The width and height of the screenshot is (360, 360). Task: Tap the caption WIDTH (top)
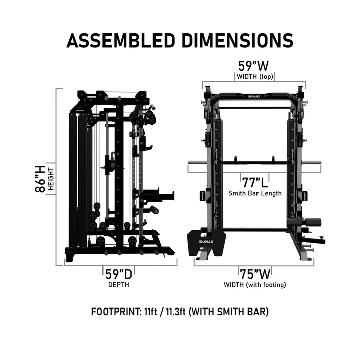253,77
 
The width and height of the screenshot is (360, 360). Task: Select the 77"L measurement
254,182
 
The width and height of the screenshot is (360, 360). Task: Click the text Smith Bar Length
254,193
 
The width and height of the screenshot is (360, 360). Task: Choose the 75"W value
254,274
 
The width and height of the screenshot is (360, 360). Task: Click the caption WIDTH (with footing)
254,285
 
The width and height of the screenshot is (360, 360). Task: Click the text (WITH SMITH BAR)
228,311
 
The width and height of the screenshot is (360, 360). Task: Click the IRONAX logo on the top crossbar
254,94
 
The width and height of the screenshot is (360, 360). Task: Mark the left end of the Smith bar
190,163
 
